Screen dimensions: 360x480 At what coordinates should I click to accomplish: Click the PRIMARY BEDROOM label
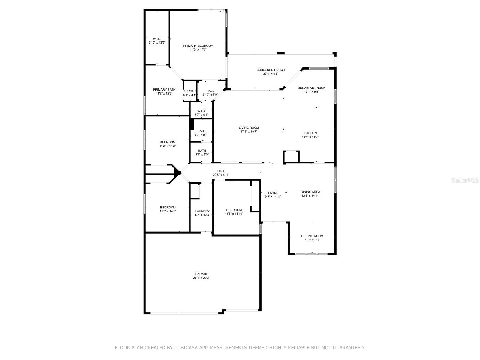pos(198,46)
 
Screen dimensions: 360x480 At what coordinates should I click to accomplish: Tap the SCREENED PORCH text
pos(271,70)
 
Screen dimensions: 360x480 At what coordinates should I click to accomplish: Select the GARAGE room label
pos(201,274)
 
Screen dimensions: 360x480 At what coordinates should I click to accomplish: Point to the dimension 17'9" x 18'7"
pos(249,131)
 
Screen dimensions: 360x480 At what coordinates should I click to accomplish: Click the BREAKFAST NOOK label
pos(311,88)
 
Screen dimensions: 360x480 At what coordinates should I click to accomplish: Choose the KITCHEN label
pos(310,133)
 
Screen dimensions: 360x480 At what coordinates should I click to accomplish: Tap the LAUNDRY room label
pos(202,211)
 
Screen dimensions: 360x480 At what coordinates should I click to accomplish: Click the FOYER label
pos(273,193)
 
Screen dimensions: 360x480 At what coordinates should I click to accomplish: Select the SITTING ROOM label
pos(312,236)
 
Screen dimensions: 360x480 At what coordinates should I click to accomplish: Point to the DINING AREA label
pos(310,192)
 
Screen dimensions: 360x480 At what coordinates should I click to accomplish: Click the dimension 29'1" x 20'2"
pos(201,278)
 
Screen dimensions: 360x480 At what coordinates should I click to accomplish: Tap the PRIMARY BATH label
pos(164,89)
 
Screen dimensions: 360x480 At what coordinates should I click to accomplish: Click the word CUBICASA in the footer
pos(187,348)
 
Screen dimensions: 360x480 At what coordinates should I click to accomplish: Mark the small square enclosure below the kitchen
pos(291,157)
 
